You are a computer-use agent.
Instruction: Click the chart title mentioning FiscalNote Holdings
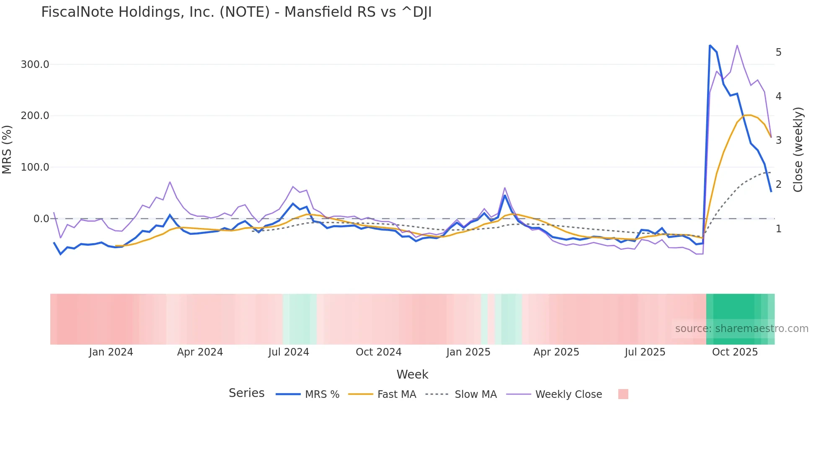236,12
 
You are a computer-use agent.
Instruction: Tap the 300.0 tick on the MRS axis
35,65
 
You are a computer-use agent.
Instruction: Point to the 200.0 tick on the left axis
35,116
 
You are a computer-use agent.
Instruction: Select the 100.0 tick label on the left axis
35,167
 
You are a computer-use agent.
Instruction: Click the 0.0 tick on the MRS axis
41,219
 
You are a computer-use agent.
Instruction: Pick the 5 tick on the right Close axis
778,52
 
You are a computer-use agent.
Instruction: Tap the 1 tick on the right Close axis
778,229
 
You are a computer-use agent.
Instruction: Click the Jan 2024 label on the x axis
111,352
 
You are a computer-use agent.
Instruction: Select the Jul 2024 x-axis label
289,352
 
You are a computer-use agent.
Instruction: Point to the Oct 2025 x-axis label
735,352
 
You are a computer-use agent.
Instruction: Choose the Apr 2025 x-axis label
556,352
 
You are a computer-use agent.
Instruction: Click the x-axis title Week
412,374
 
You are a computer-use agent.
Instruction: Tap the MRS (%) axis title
7,150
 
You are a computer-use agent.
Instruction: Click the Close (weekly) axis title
798,150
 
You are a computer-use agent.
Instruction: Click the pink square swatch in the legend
623,394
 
